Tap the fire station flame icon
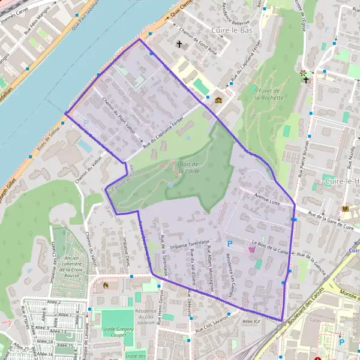pyautogui.click(x=107, y=286)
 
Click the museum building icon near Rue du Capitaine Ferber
pyautogui.click(x=219, y=100)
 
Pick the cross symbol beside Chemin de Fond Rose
pyautogui.click(x=178, y=44)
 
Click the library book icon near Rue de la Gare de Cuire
pyautogui.click(x=345, y=209)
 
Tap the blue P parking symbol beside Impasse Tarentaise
pyautogui.click(x=230, y=244)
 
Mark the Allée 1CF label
pyautogui.click(x=250, y=322)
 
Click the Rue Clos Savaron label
pyautogui.click(x=211, y=324)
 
